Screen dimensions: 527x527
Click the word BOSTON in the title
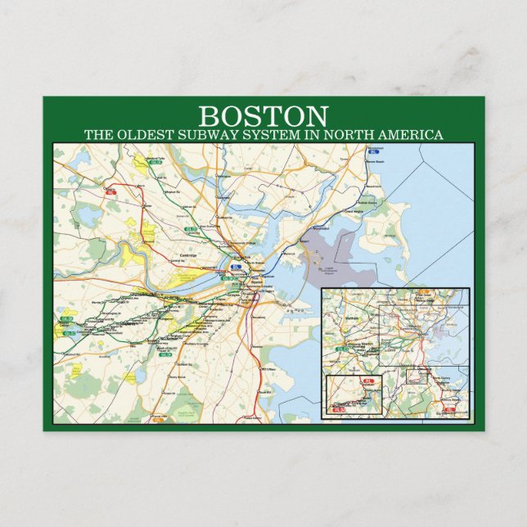pyautogui.click(x=263, y=116)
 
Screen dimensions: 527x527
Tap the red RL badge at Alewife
pyautogui.click(x=111, y=192)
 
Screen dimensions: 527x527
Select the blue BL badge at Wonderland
pyautogui.click(x=375, y=152)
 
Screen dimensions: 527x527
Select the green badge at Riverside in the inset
pyautogui.click(x=340, y=349)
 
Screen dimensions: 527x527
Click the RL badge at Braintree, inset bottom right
pyautogui.click(x=448, y=408)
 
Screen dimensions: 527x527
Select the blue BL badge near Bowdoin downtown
pyautogui.click(x=237, y=266)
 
